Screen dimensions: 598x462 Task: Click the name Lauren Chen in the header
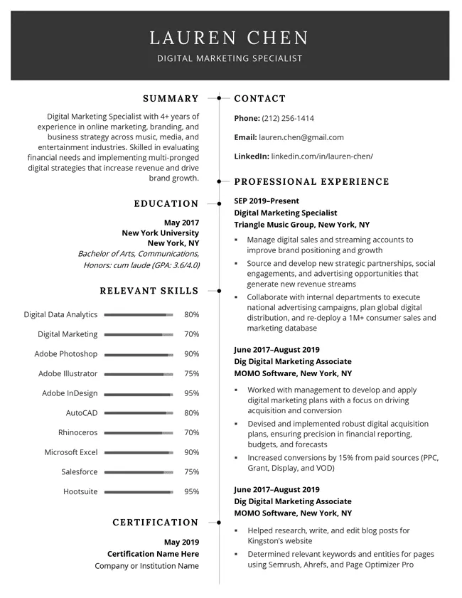point(230,38)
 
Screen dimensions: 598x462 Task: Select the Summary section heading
point(171,99)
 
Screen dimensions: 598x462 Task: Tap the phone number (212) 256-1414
point(288,118)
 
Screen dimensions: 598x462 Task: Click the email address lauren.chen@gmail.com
point(301,137)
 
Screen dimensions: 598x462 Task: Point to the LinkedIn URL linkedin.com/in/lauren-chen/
point(322,156)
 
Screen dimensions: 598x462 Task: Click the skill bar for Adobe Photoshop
point(138,354)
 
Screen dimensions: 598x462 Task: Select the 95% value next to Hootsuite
point(191,491)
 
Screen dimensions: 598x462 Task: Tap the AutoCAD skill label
point(82,412)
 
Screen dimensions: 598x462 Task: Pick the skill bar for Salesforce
point(138,471)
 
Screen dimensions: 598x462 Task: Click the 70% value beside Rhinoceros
point(191,432)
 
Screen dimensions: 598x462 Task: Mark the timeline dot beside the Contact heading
point(219,97)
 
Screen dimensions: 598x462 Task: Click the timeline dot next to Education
point(219,204)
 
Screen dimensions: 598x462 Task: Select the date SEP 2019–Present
point(267,201)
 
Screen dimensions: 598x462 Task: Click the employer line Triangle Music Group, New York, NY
point(301,225)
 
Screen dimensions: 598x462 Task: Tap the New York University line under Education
point(161,233)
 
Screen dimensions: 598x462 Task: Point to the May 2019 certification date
point(181,542)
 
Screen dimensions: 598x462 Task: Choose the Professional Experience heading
point(311,182)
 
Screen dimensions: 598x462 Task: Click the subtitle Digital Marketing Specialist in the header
point(230,58)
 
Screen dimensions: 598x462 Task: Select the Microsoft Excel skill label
point(71,452)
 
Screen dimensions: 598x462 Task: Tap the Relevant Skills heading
point(149,291)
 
